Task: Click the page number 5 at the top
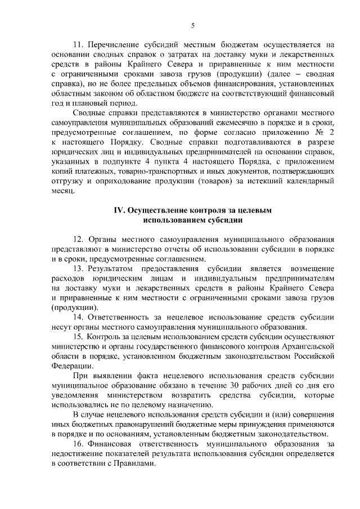(192, 26)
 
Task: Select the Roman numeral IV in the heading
(119, 210)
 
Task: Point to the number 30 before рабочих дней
(235, 386)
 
